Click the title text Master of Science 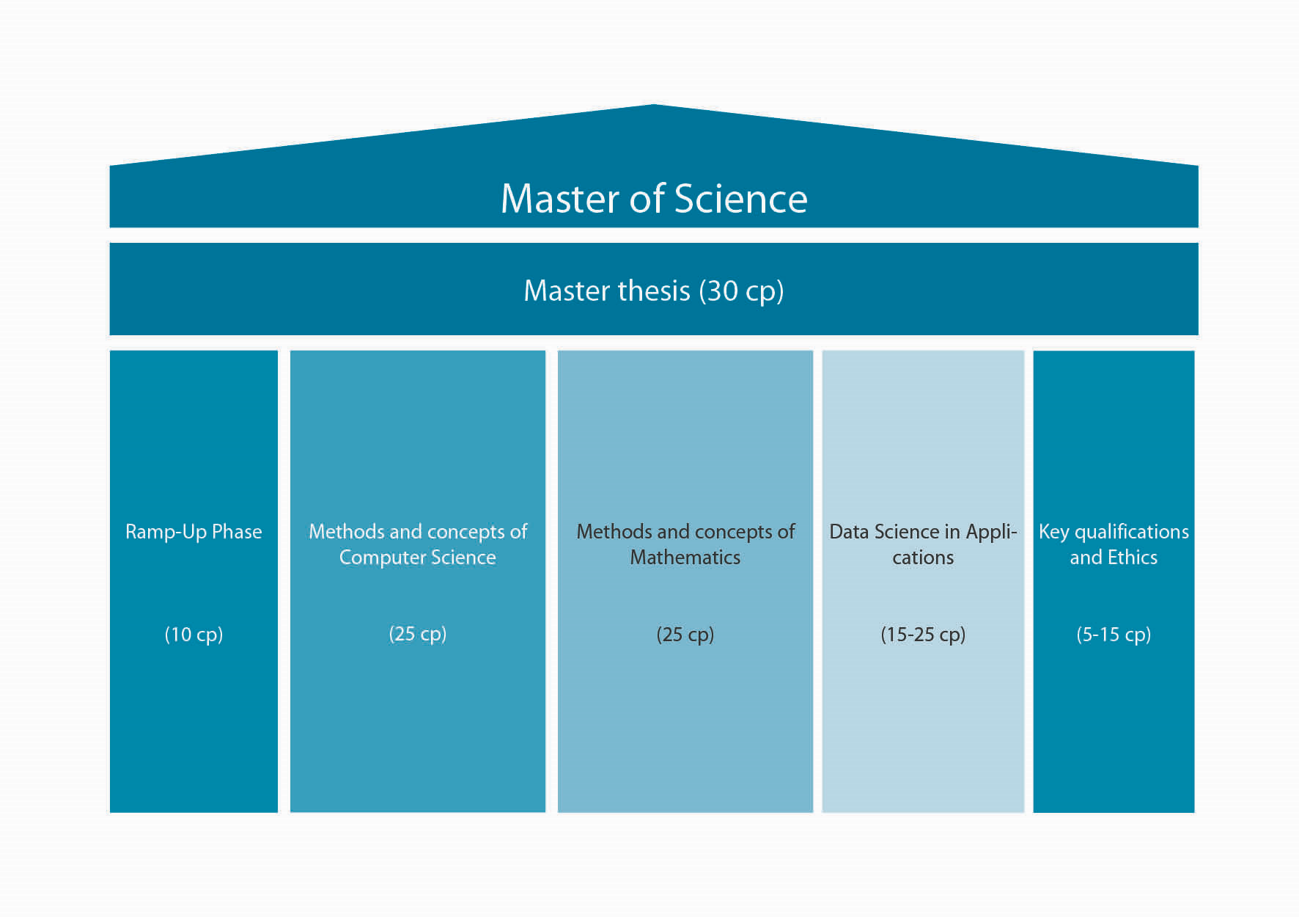coord(653,199)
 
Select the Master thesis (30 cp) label coord(653,291)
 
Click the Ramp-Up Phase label coord(194,532)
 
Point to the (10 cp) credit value coord(194,635)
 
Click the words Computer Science coord(417,558)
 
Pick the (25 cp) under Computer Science coord(417,634)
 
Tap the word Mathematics coord(685,558)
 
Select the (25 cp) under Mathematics coord(685,635)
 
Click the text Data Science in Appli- coord(922,532)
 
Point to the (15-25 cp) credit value coord(922,635)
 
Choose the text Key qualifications coord(1113,532)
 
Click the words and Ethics coord(1113,558)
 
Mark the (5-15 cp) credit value coord(1113,635)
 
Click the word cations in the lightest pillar coord(922,558)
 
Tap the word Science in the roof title coord(740,199)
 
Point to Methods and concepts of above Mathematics coord(685,532)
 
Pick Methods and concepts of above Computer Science coord(417,532)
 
